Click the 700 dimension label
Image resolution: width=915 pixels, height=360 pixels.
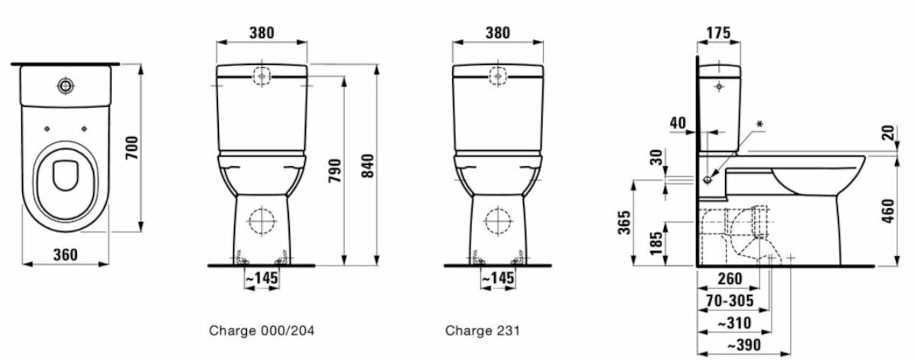pos(132,148)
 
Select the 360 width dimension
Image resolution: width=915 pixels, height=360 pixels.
pos(66,255)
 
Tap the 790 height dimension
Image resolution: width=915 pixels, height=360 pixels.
pos(335,171)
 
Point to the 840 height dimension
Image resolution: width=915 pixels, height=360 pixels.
pos(368,166)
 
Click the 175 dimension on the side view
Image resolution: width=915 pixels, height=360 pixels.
pos(718,33)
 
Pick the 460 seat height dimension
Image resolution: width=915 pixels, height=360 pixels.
pos(888,211)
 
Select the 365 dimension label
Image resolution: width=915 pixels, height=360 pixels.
pos(624,223)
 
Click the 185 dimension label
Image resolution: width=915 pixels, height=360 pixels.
pos(657,243)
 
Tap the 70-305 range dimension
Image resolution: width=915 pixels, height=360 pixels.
pos(730,301)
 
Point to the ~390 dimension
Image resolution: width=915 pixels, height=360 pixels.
pos(744,346)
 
